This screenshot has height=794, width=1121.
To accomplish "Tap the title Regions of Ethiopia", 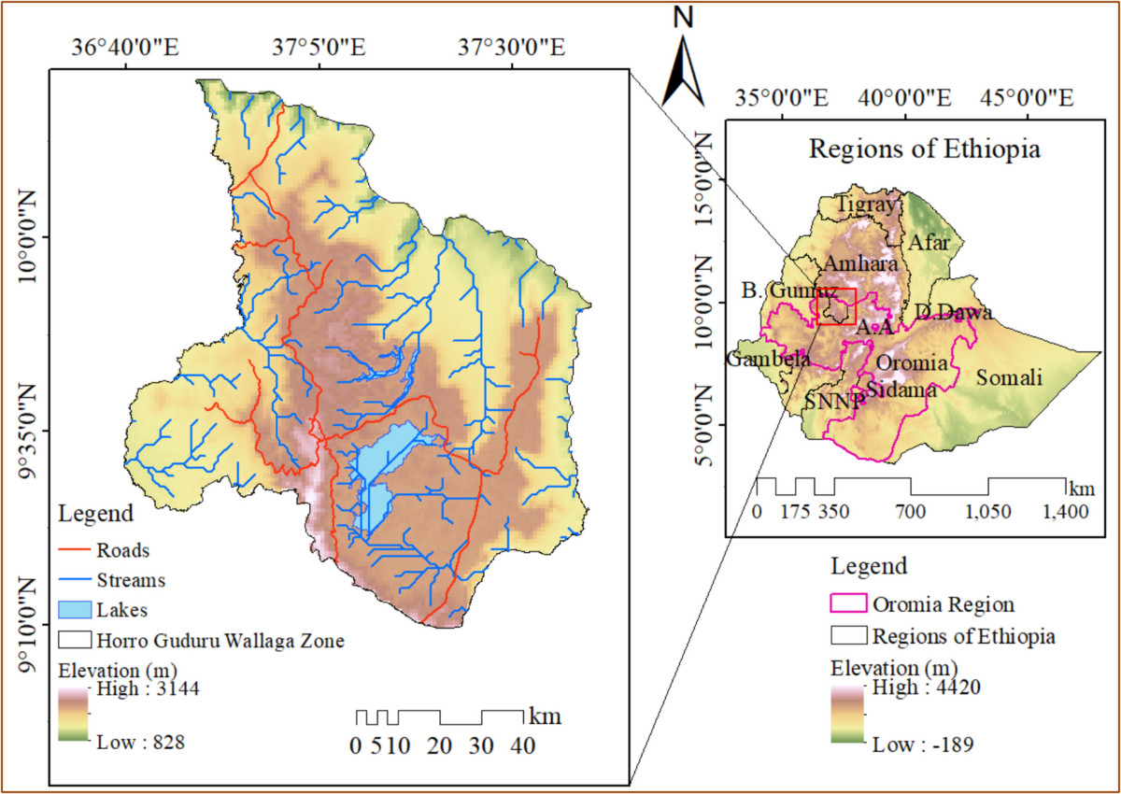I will point(924,149).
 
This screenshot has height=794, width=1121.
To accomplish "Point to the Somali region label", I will point(1009,377).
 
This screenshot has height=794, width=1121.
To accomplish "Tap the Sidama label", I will point(901,390).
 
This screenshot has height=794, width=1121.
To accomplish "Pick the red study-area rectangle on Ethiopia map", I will point(836,306).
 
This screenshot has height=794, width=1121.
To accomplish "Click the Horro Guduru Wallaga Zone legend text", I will point(220,641).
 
